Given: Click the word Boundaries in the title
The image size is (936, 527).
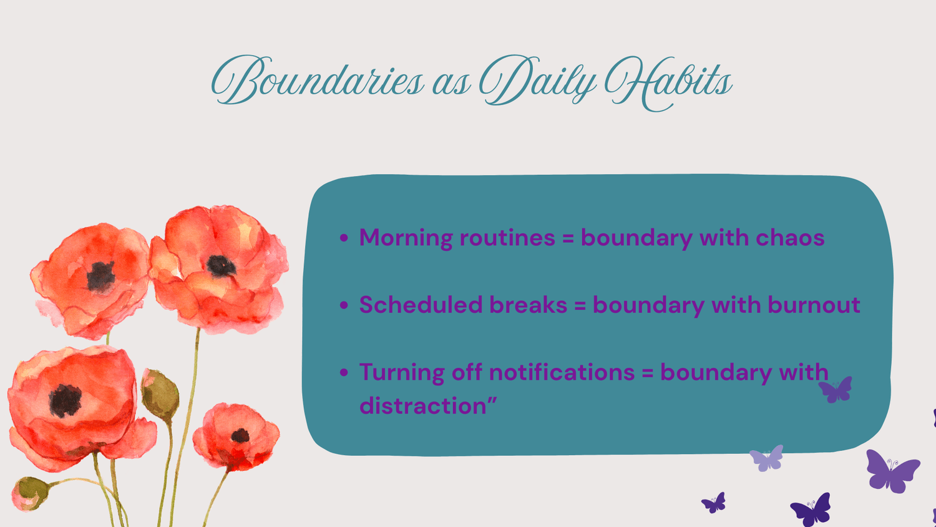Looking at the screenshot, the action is pyautogui.click(x=318, y=79).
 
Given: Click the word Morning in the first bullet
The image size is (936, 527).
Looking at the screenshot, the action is pyautogui.click(x=406, y=238).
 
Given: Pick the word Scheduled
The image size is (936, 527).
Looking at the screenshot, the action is pyautogui.click(x=421, y=305).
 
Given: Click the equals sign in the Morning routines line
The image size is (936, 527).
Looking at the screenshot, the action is pyautogui.click(x=568, y=239).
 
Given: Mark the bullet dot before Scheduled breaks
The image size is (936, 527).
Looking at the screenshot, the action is pyautogui.click(x=344, y=305).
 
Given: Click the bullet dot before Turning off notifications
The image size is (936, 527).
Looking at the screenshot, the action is pyautogui.click(x=344, y=372).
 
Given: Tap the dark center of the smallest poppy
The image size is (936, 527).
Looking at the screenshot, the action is pyautogui.click(x=240, y=436).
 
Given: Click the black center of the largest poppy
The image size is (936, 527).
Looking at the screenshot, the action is pyautogui.click(x=65, y=401).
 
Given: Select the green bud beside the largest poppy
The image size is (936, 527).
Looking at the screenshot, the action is pyautogui.click(x=159, y=395).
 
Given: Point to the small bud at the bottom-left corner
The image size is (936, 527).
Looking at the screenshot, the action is pyautogui.click(x=29, y=493).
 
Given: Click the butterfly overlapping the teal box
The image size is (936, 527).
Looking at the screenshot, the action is pyautogui.click(x=836, y=390).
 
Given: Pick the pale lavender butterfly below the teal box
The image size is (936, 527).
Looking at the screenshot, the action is pyautogui.click(x=766, y=458).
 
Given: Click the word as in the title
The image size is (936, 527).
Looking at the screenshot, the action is pyautogui.click(x=451, y=83).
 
